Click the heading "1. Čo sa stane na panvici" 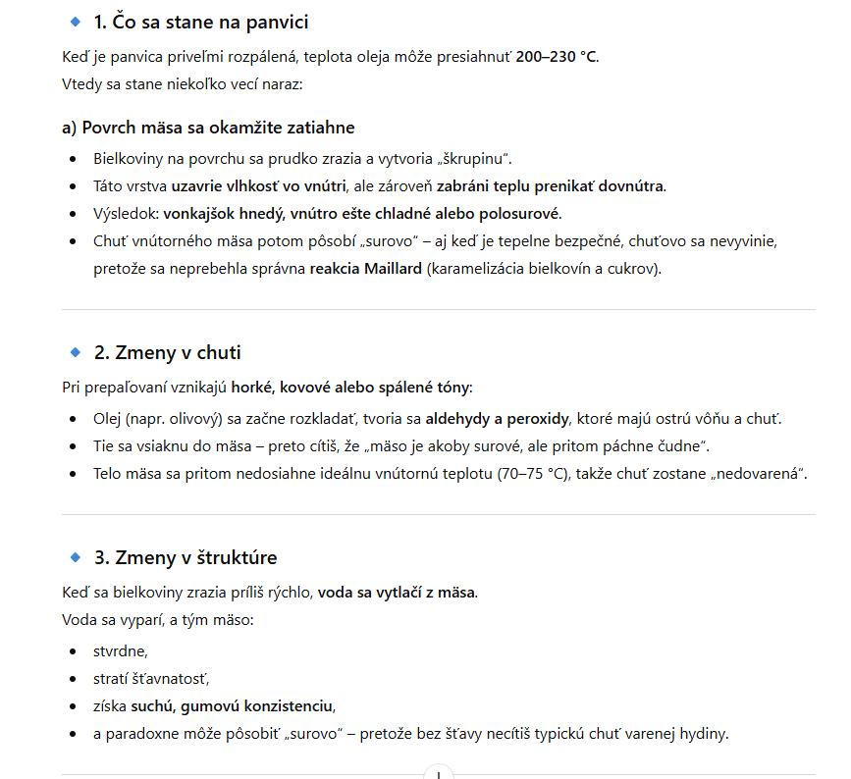[x=200, y=22]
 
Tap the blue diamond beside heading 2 [x=76, y=352]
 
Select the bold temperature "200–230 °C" [x=557, y=57]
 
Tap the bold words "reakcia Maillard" [x=366, y=269]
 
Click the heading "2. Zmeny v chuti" [x=167, y=353]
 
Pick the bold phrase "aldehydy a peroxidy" [x=497, y=419]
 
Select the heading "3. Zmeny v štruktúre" [x=186, y=558]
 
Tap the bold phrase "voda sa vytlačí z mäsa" [x=397, y=593]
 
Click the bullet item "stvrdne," [x=120, y=650]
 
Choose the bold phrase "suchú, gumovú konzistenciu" [x=233, y=706]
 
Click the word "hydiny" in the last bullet [x=706, y=734]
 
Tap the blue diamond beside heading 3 [x=76, y=557]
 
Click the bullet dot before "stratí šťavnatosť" [x=73, y=679]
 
